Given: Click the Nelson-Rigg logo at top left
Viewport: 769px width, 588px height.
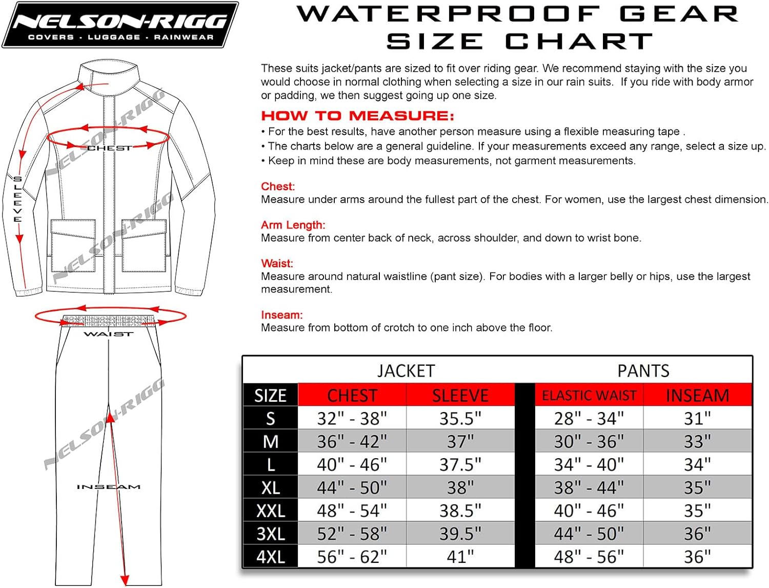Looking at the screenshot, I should tap(120, 25).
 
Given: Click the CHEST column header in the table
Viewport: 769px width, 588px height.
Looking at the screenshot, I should tap(352, 396).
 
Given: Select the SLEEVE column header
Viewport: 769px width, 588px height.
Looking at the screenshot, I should tap(460, 396).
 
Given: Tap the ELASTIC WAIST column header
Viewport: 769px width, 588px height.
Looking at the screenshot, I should tap(589, 396).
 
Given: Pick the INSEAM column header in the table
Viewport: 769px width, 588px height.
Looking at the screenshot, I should tap(697, 396).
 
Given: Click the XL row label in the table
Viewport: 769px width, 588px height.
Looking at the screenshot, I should tap(270, 487).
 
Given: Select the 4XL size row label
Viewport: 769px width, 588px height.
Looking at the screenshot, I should tap(270, 557).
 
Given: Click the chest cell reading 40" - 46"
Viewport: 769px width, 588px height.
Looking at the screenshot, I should tap(352, 465).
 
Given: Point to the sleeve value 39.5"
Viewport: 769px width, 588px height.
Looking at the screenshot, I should tap(460, 534).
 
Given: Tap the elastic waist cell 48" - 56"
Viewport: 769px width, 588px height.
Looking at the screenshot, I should tap(589, 557).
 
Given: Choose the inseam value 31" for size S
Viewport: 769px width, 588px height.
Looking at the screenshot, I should tap(697, 419).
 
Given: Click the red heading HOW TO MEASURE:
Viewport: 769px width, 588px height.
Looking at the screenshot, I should tap(357, 116).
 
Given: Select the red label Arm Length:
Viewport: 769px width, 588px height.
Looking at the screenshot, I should tap(293, 225).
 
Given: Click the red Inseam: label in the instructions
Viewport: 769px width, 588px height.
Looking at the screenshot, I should tap(281, 315).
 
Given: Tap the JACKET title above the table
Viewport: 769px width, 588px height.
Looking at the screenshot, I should tap(406, 371).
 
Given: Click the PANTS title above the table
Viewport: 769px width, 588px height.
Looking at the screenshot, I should tap(643, 371).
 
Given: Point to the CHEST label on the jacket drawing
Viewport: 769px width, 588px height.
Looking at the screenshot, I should tap(109, 148).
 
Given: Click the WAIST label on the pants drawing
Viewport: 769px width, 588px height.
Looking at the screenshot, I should tap(108, 335).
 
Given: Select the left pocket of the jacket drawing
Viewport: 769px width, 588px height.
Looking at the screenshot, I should tap(73, 245).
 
